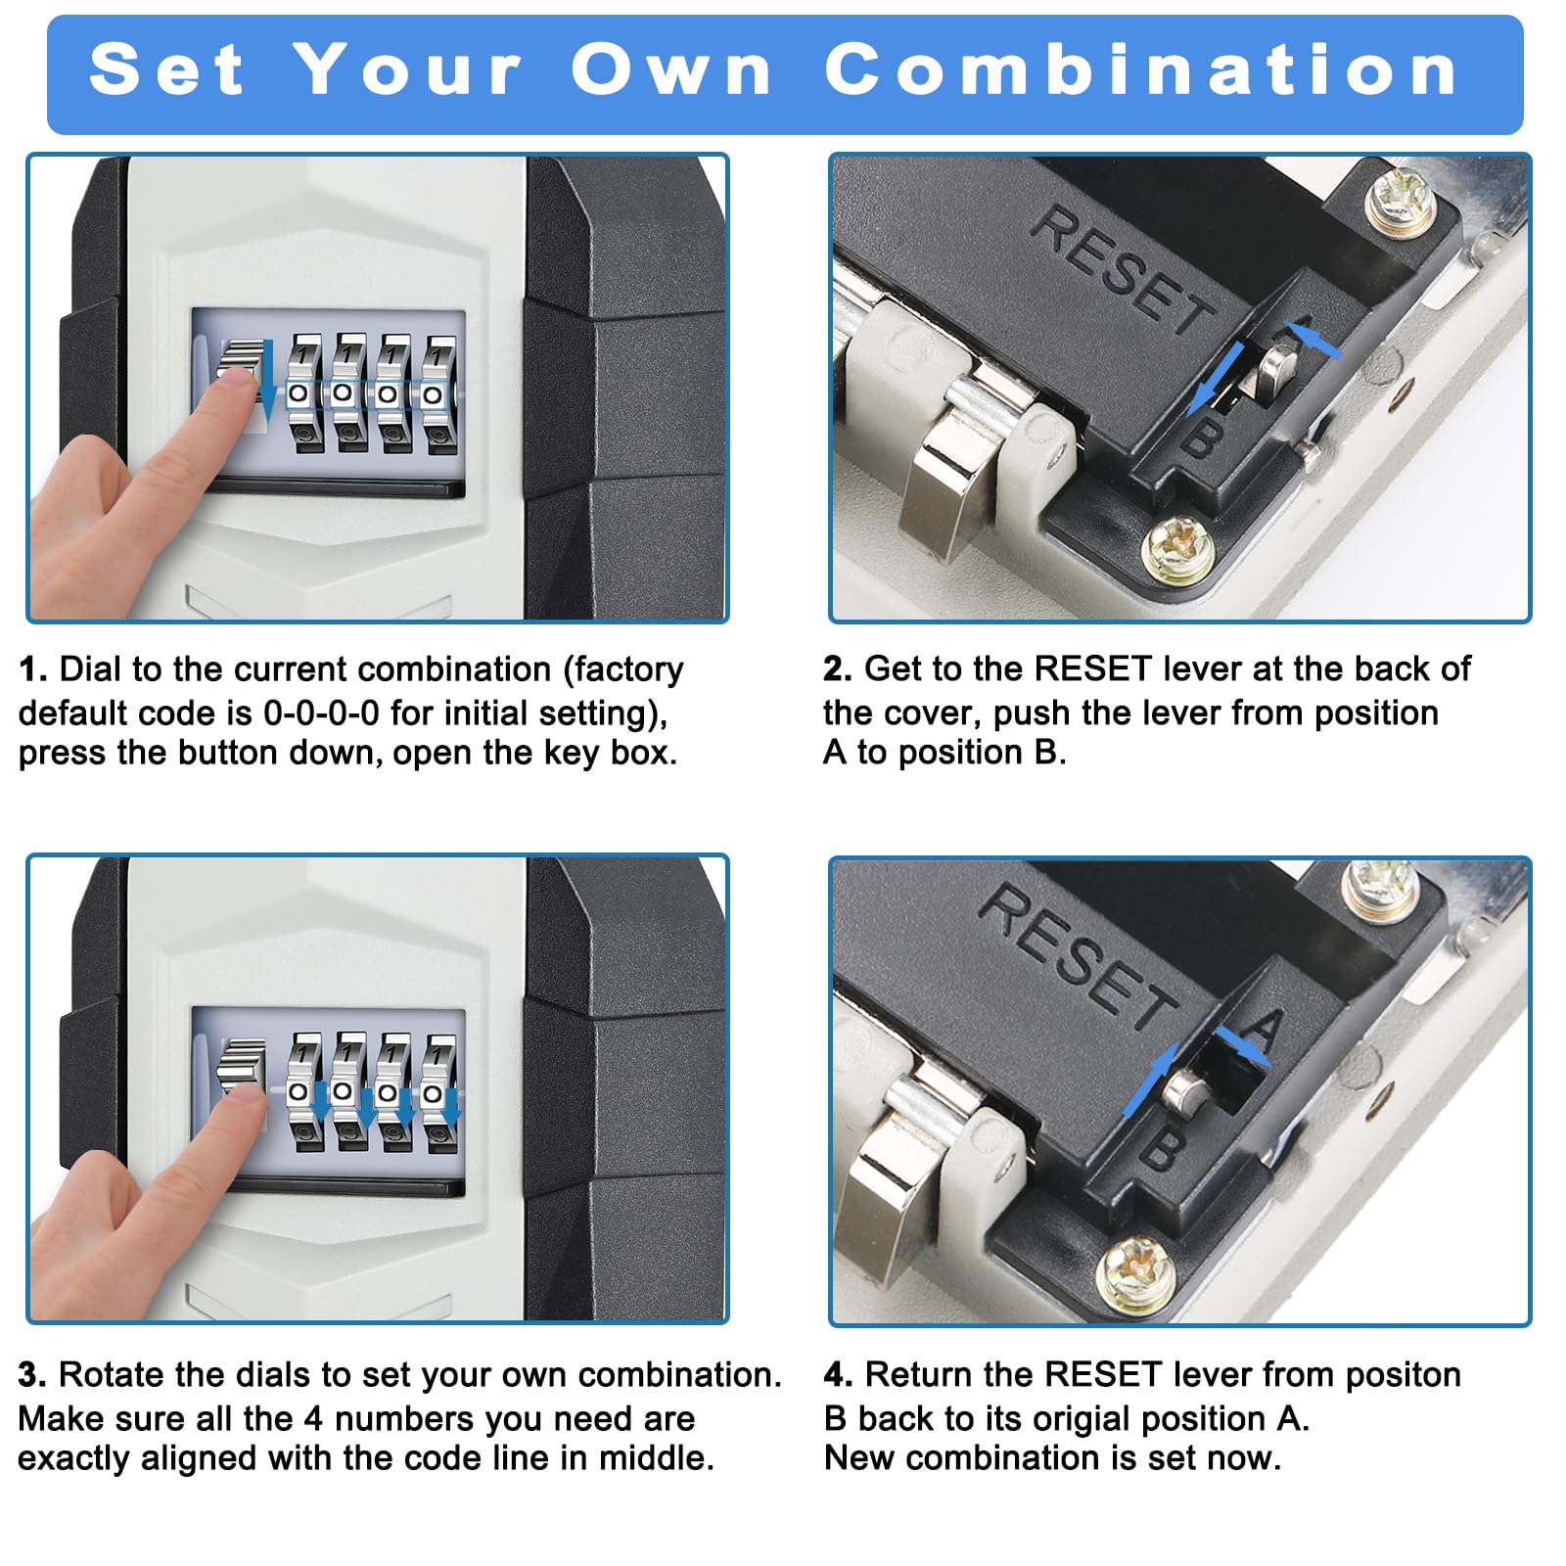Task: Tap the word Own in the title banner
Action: click(671, 70)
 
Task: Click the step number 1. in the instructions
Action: click(33, 669)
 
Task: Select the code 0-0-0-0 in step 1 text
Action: click(321, 713)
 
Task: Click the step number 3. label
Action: click(32, 1375)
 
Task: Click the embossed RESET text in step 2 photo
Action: click(1124, 270)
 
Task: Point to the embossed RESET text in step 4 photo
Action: click(1080, 957)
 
